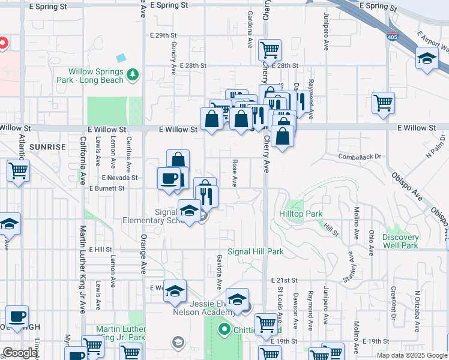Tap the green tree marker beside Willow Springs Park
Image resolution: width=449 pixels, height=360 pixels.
pyautogui.click(x=133, y=74)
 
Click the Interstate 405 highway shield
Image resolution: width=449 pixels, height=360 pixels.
pyautogui.click(x=392, y=37)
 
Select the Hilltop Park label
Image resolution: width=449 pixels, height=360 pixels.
pyautogui.click(x=301, y=214)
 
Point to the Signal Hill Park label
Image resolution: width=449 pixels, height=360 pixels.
pyautogui.click(x=255, y=252)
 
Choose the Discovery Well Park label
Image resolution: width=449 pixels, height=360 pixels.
pyautogui.click(x=400, y=241)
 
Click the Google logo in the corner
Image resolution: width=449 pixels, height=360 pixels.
pyautogui.click(x=20, y=353)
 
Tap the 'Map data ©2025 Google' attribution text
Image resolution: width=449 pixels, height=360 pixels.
pyautogui.click(x=412, y=355)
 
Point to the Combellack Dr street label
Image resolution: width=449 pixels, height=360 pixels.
pyautogui.click(x=360, y=157)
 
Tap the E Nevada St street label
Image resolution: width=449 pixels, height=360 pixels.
pyautogui.click(x=120, y=178)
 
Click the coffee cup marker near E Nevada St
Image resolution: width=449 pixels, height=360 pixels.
pyautogui.click(x=168, y=178)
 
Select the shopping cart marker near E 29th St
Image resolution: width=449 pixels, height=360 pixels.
pyautogui.click(x=270, y=50)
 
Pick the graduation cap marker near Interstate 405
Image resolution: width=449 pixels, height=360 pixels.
pyautogui.click(x=427, y=58)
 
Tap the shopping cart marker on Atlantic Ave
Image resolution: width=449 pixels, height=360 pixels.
pyautogui.click(x=18, y=171)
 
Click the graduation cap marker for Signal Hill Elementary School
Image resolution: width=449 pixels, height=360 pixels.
pyautogui.click(x=189, y=211)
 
